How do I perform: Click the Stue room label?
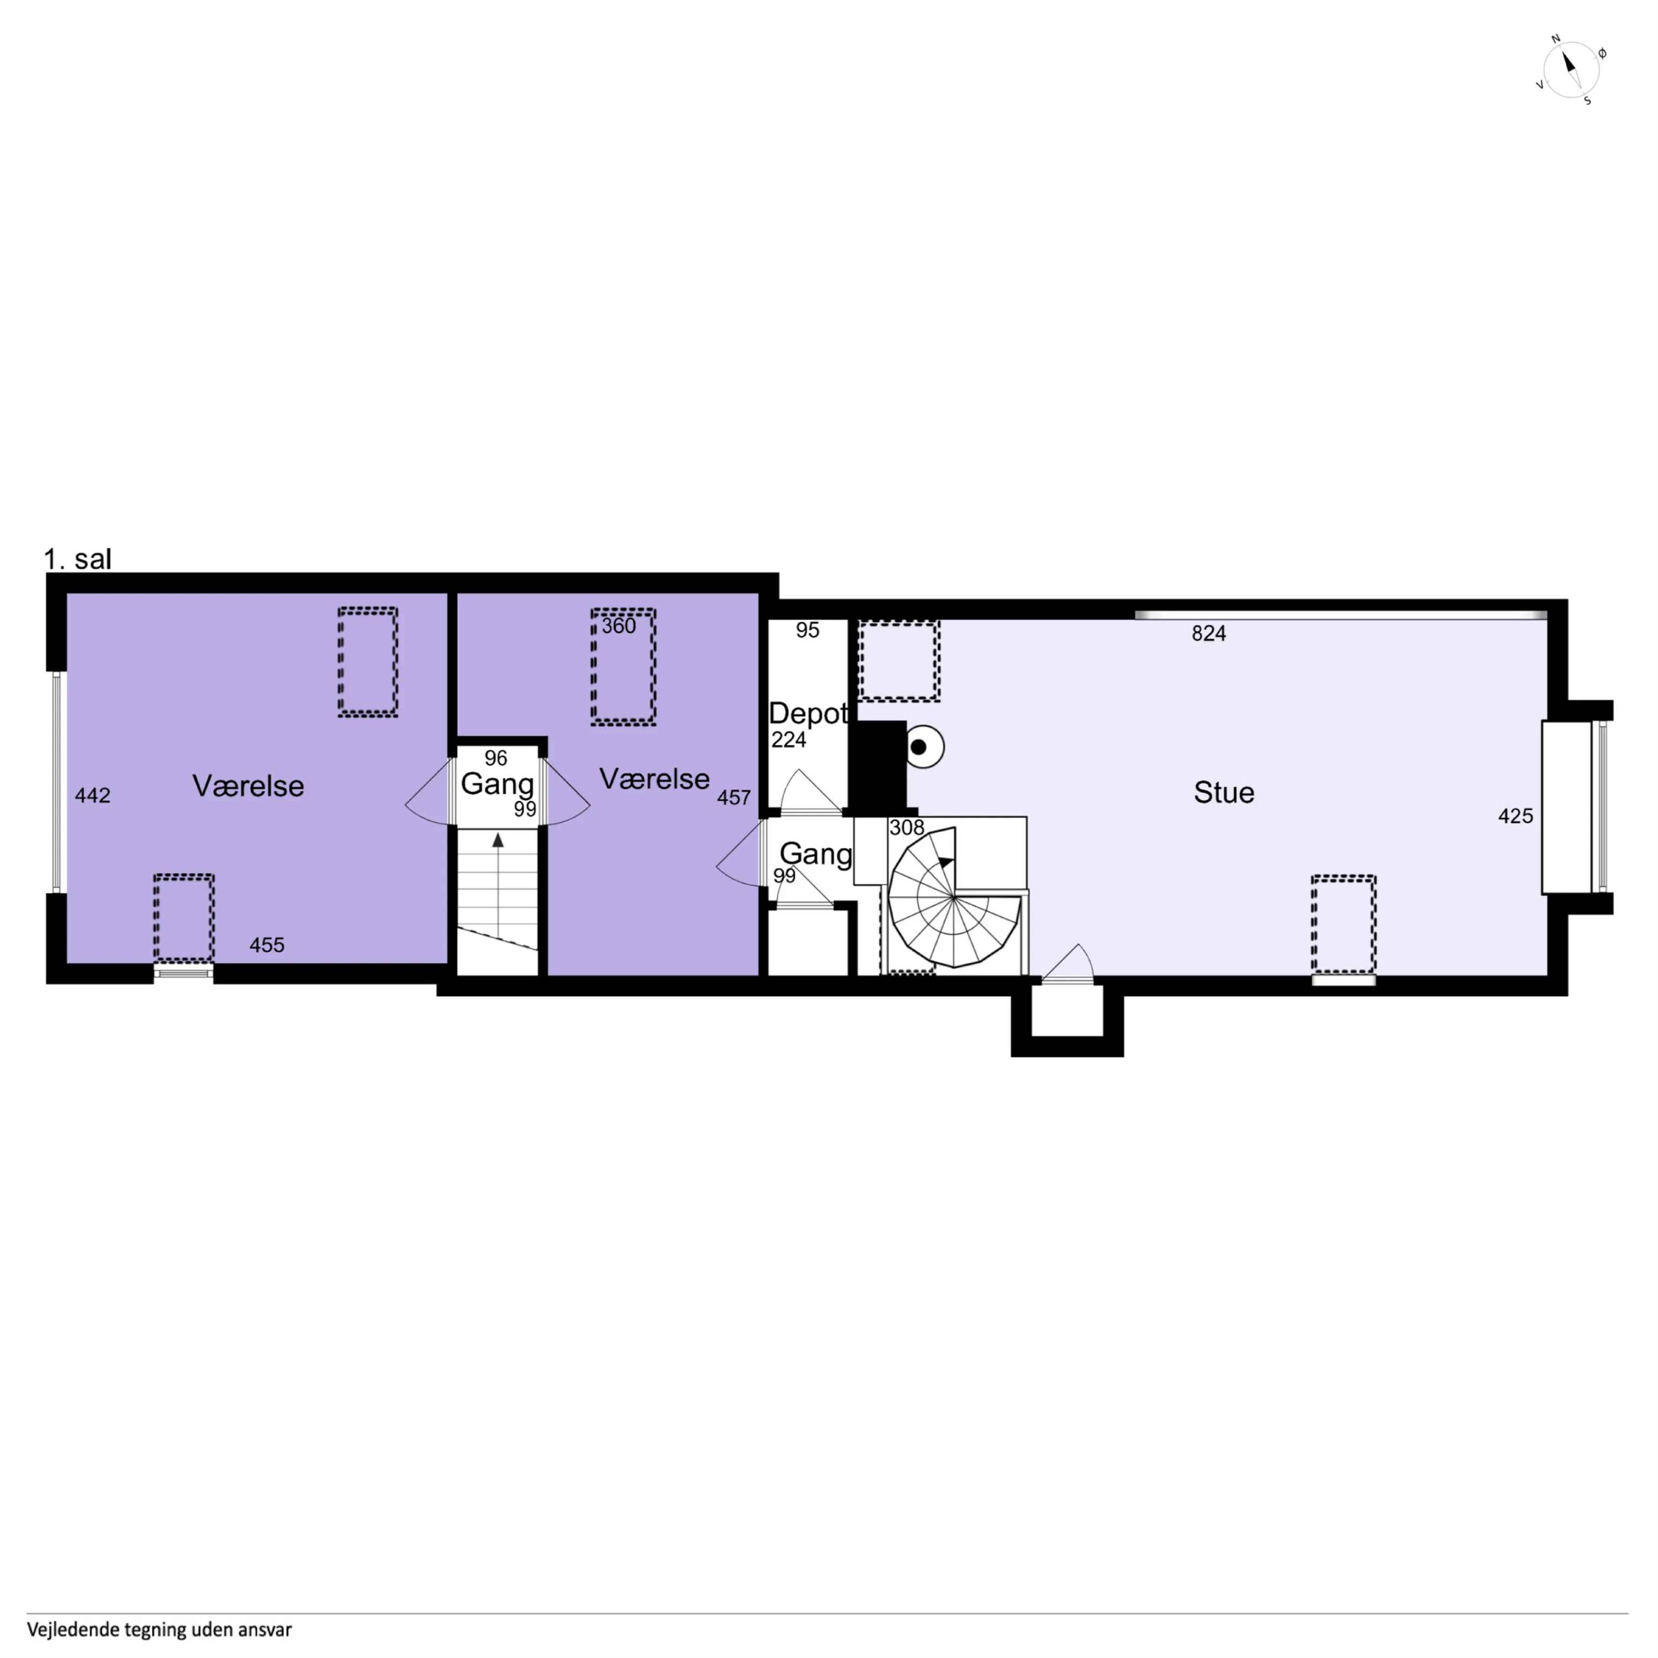click(1224, 792)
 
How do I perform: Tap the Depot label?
click(808, 713)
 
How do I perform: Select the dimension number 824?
click(1209, 633)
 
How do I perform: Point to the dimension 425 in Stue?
click(1515, 816)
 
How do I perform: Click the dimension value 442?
click(93, 796)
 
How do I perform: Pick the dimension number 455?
click(267, 945)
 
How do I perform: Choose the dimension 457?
click(734, 797)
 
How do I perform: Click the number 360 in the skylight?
click(619, 626)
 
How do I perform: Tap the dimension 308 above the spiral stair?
click(907, 827)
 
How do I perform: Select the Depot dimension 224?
click(789, 740)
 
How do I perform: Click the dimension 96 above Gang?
click(496, 758)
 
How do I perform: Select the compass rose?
click(1571, 69)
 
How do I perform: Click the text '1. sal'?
click(77, 560)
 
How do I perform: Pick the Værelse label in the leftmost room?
click(248, 786)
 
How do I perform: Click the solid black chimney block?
click(877, 765)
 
